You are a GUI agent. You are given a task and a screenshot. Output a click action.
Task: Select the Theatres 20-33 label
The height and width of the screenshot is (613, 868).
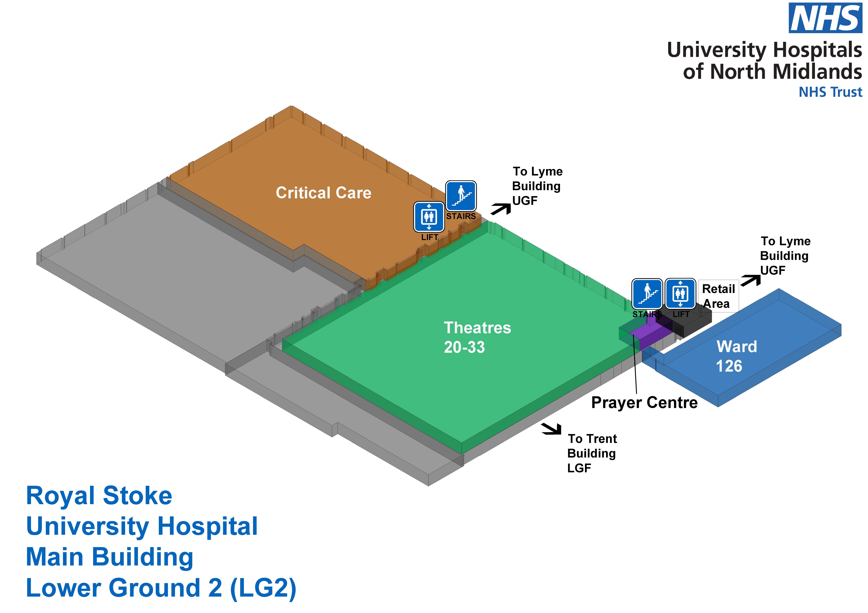(477, 337)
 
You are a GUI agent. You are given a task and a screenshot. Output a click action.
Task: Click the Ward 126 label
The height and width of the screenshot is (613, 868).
(736, 356)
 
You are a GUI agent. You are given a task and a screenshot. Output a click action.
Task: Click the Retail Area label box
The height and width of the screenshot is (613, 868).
(718, 296)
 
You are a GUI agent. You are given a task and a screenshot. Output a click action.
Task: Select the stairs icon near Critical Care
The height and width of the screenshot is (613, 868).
(461, 196)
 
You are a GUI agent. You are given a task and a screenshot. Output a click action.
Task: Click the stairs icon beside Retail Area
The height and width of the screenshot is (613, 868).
(647, 294)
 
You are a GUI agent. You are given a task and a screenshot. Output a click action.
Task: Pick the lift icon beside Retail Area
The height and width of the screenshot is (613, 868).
(680, 294)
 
